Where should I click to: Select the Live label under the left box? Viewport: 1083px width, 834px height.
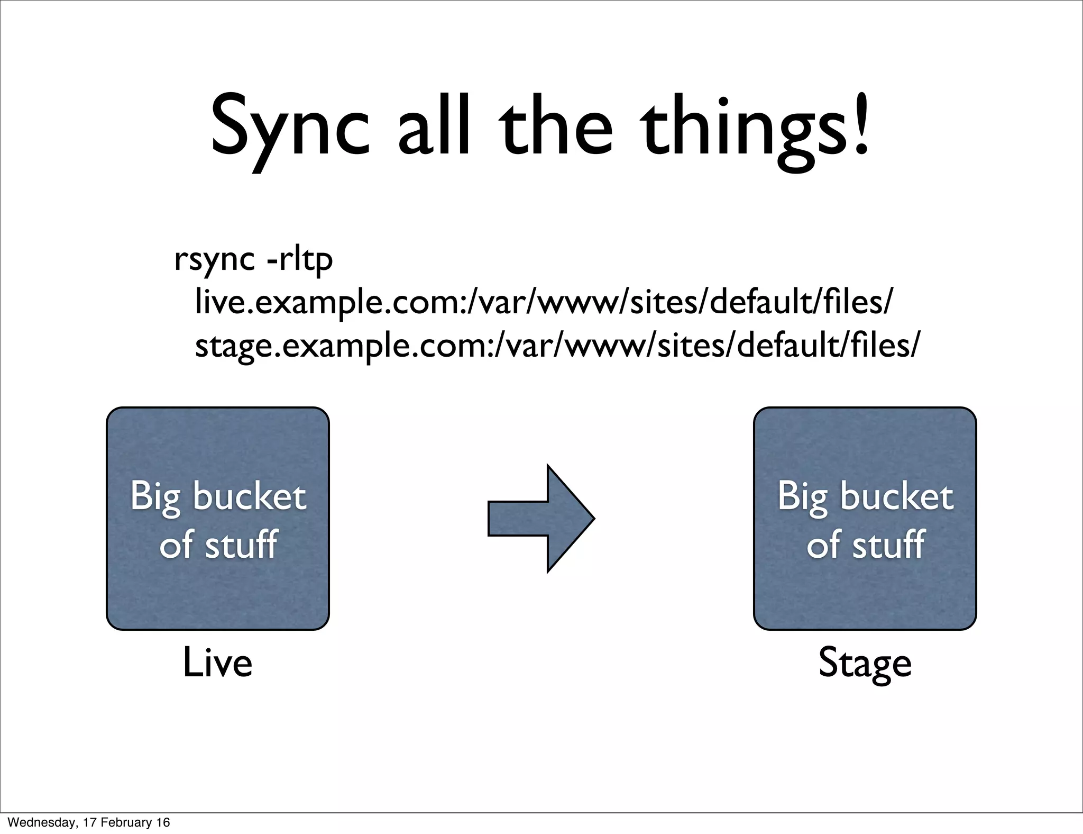217,663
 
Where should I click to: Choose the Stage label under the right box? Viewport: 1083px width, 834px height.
865,664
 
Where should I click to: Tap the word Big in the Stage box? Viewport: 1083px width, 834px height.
802,497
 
